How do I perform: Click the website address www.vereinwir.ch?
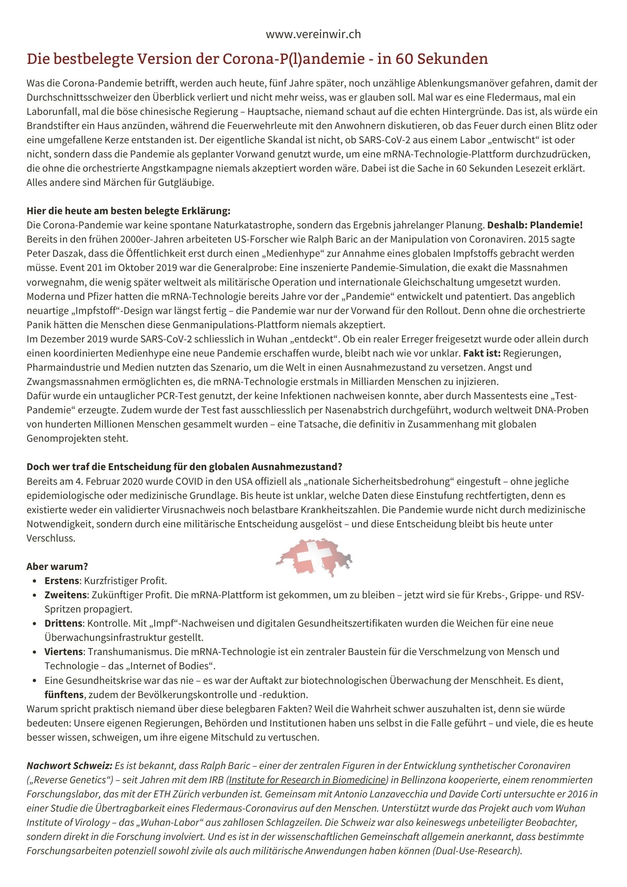pyautogui.click(x=313, y=34)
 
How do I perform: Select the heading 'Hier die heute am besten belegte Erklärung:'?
pyautogui.click(x=128, y=210)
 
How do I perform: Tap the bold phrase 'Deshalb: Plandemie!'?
pyautogui.click(x=535, y=225)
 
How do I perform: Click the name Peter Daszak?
pyautogui.click(x=56, y=253)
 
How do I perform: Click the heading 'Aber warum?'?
pyautogui.click(x=57, y=566)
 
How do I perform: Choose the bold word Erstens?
pyautogui.click(x=62, y=581)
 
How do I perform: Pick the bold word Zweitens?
pyautogui.click(x=66, y=595)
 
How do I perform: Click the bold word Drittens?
pyautogui.click(x=63, y=623)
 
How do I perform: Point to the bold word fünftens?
pyautogui.click(x=64, y=694)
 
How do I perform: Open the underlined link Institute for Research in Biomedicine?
pyautogui.click(x=307, y=780)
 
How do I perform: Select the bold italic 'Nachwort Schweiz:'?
pyautogui.click(x=69, y=765)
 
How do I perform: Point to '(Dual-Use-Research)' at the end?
pyautogui.click(x=477, y=851)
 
